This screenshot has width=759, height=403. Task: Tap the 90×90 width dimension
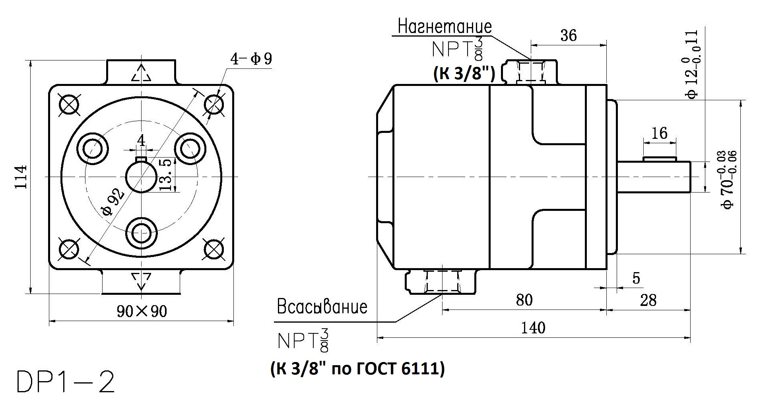coord(142,311)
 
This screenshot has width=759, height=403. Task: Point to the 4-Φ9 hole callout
coord(251,59)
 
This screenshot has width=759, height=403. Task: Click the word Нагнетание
coord(445,27)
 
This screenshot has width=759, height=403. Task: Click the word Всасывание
coord(322,307)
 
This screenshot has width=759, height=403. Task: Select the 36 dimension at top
coord(568,35)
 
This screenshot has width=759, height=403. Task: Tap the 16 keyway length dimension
coord(660,133)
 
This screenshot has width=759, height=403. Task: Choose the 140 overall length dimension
coord(533,328)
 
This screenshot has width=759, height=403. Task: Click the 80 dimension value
coord(524,300)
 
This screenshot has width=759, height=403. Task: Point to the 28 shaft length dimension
coord(648,300)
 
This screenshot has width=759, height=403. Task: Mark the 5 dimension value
coord(637,278)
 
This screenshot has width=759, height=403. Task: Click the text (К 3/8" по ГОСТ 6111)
coord(357,369)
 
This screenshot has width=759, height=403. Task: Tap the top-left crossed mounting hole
coord(69,105)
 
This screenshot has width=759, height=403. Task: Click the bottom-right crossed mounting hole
coord(214,249)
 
